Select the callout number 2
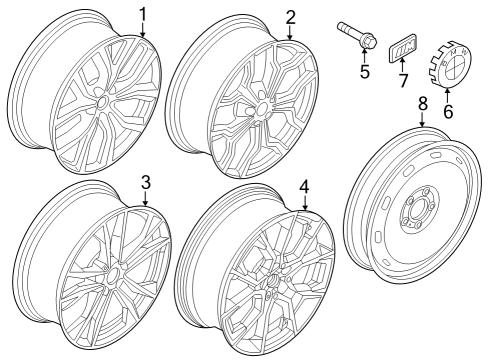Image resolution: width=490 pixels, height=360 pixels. point(290,16)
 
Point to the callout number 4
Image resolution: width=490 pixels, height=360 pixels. point(304,185)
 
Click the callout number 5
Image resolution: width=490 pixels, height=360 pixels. point(365,71)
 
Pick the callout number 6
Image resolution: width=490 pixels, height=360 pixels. point(447,112)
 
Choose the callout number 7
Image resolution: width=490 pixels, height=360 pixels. point(405,79)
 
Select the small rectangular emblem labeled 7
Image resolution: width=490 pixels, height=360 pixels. point(403,48)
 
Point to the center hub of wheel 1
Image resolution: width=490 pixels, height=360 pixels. point(100,102)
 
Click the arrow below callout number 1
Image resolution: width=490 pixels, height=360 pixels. point(142,33)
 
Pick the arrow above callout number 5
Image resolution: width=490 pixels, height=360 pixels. point(365,56)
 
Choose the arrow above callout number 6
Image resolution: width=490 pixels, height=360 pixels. point(446,94)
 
